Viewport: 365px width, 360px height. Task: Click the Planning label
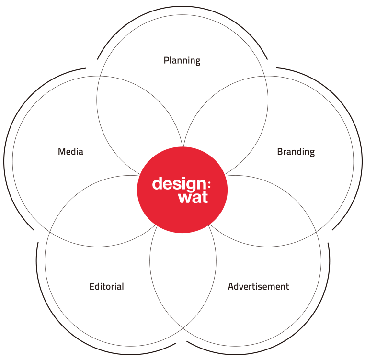182,60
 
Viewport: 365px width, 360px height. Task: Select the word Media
70,151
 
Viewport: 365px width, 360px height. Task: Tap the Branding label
296,152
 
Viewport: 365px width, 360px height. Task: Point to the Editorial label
107,286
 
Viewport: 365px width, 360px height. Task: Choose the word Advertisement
258,286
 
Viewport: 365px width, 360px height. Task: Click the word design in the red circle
178,184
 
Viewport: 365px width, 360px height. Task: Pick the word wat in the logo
193,198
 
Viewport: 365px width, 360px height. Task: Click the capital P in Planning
166,60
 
